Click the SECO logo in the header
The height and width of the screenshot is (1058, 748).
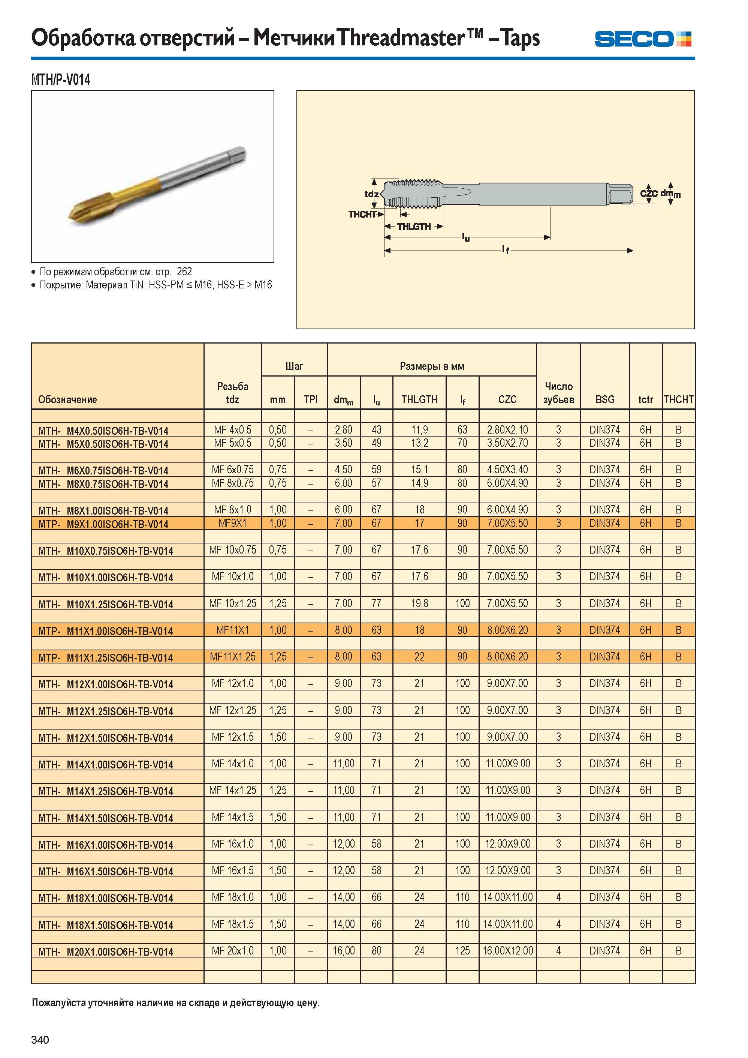point(643,39)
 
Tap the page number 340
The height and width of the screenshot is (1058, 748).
point(40,1040)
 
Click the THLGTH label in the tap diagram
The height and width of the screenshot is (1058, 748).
point(414,227)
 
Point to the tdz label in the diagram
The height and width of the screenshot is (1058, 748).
point(371,194)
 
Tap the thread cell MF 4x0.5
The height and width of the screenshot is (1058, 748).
point(233,430)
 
